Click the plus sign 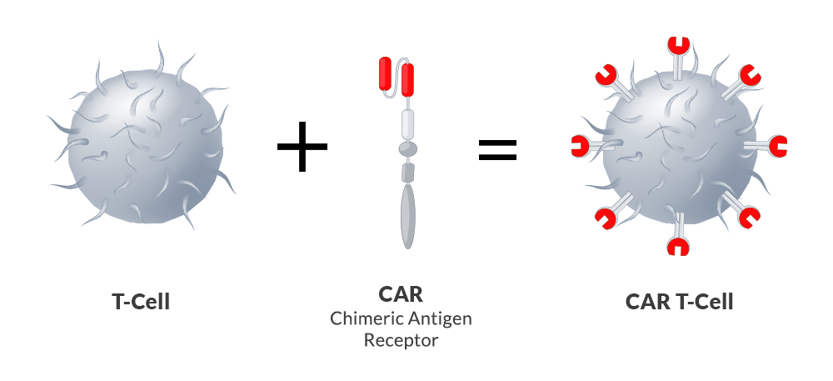pos(302,149)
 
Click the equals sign pos(497,150)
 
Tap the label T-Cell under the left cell pos(141,302)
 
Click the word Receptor pos(401,340)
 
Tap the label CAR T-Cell pos(679,302)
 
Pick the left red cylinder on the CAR pos(384,74)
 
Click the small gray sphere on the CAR pos(407,148)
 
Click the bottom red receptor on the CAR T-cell pos(679,245)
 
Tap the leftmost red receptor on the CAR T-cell pos(578,146)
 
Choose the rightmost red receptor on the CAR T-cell pos(779,145)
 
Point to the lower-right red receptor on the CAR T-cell pos(751,217)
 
